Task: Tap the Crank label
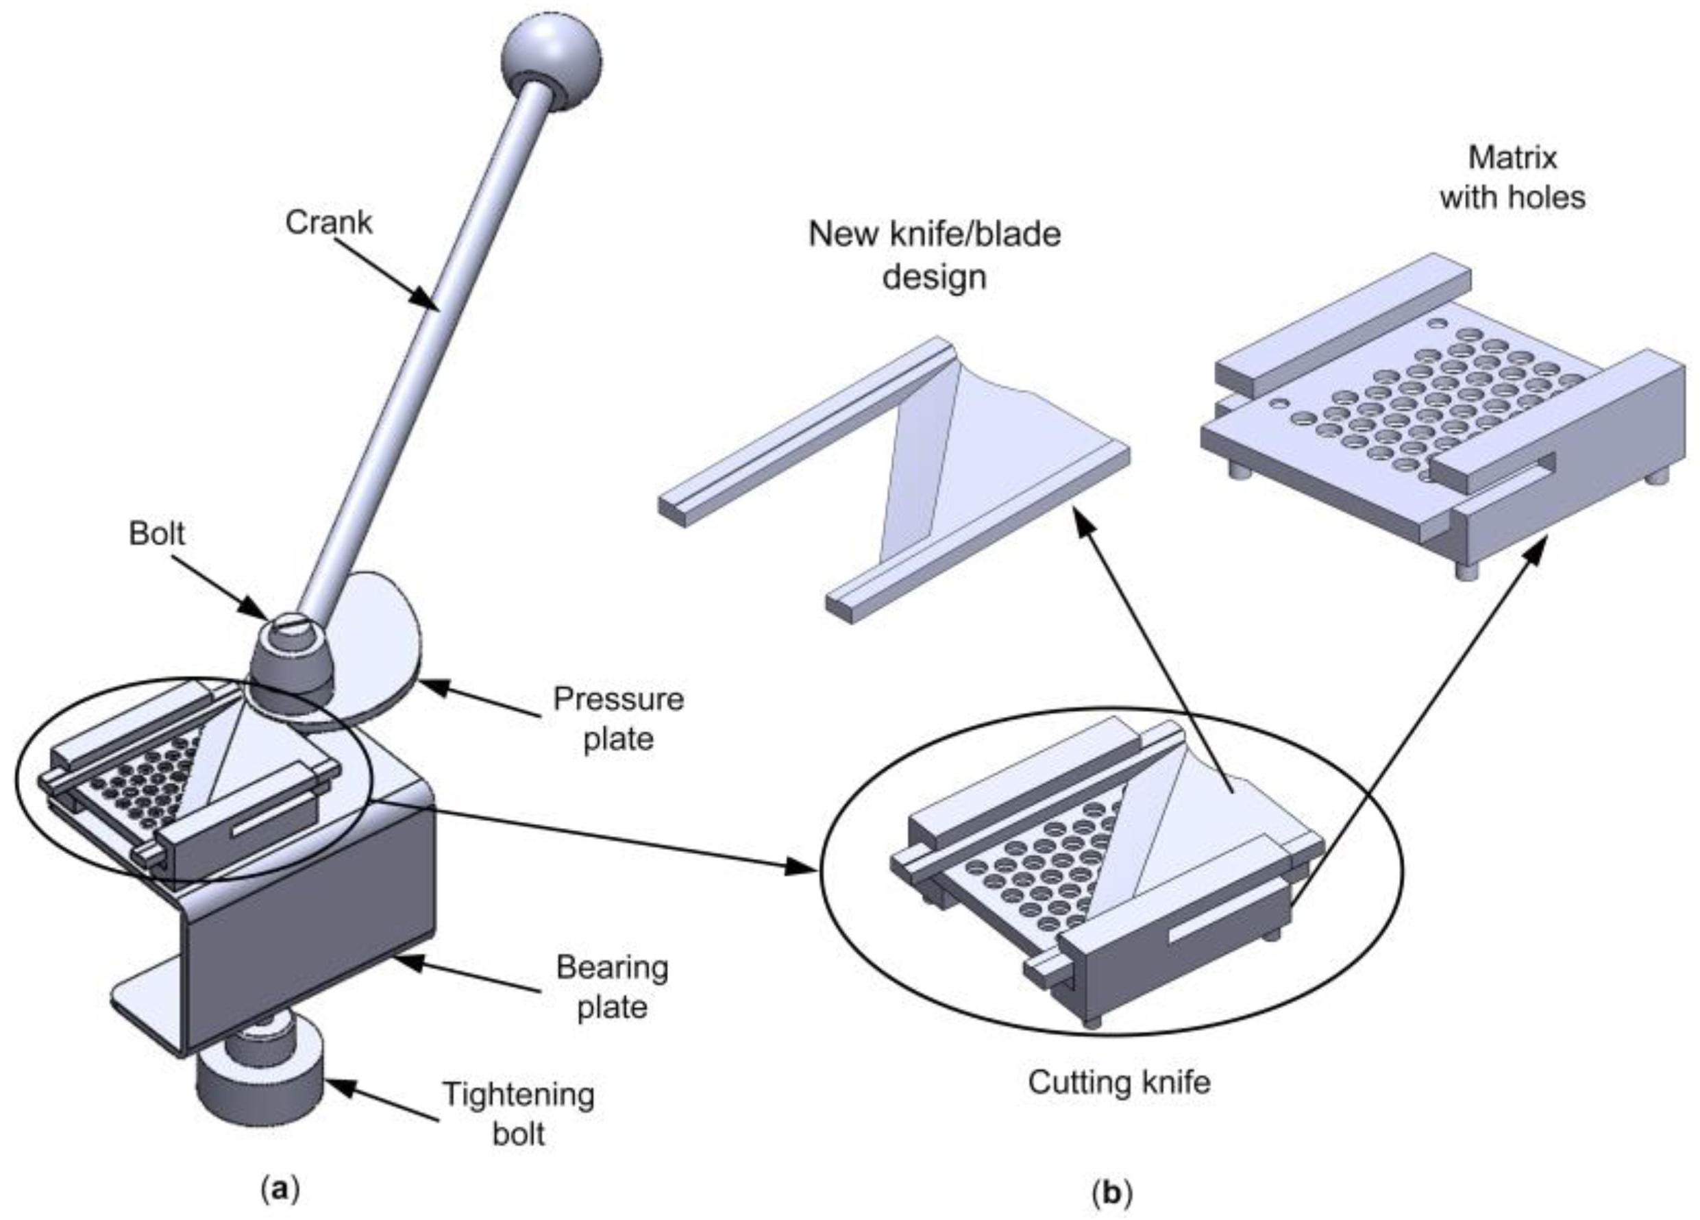328,222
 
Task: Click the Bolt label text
157,534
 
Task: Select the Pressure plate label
618,719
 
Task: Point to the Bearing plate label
612,988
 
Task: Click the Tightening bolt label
519,1114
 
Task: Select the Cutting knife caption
1118,1082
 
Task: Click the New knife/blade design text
934,255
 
